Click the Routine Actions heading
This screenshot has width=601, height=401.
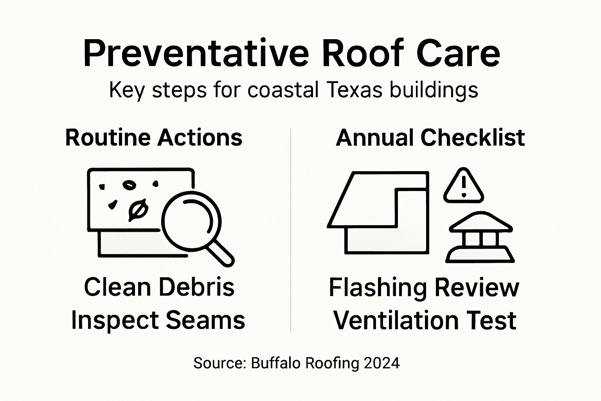point(154,137)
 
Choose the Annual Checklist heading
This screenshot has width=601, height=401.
point(430,137)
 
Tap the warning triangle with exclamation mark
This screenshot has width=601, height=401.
point(464,186)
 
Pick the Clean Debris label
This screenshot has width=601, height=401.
point(159,287)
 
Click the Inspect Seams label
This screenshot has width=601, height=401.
point(158,320)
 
